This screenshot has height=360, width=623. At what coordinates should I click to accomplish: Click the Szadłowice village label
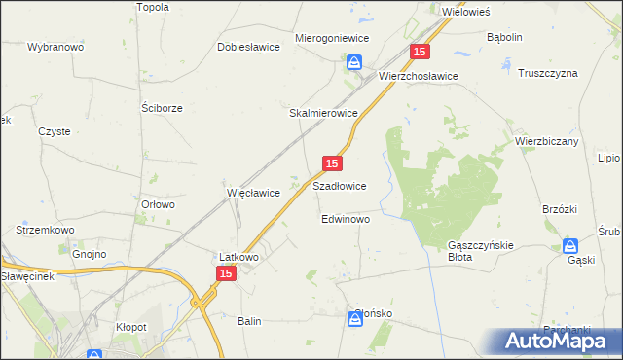coord(339,186)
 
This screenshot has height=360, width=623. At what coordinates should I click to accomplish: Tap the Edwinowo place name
coord(346,220)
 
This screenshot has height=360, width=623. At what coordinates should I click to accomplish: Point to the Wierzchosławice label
coord(419,75)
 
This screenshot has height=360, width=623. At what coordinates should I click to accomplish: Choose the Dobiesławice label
coord(249,46)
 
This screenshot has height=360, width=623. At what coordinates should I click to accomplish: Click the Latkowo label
coord(238,257)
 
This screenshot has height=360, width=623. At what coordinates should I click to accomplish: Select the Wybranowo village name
coord(57,47)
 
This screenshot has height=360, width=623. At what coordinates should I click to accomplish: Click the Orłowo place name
coord(158,204)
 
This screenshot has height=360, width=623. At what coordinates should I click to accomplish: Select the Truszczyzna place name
coord(548,74)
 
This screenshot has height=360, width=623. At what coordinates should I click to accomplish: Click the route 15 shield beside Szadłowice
coord(332,165)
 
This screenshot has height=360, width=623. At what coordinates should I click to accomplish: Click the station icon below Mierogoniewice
coord(354,63)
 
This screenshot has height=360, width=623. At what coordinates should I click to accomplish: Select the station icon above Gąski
coord(572,246)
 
